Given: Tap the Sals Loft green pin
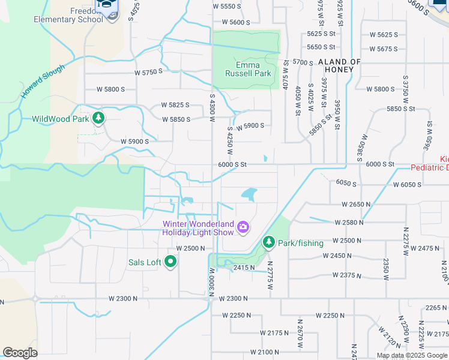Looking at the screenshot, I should click(x=170, y=262).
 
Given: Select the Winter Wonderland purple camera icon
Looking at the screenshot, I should click(x=243, y=227).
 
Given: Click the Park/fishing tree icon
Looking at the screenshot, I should click(x=269, y=242).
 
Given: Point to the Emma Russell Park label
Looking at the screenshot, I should click(x=248, y=69).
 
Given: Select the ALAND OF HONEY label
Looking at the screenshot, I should click(x=339, y=66).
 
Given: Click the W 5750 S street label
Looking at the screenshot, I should click(x=148, y=72).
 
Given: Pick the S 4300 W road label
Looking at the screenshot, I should click(x=212, y=108).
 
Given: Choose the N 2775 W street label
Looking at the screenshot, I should click(x=270, y=275).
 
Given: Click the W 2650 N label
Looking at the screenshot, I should click(x=357, y=205).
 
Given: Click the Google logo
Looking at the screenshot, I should click(x=20, y=353).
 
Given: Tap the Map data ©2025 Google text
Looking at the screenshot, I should click(x=412, y=355).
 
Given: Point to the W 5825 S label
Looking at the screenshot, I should click(x=175, y=105).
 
